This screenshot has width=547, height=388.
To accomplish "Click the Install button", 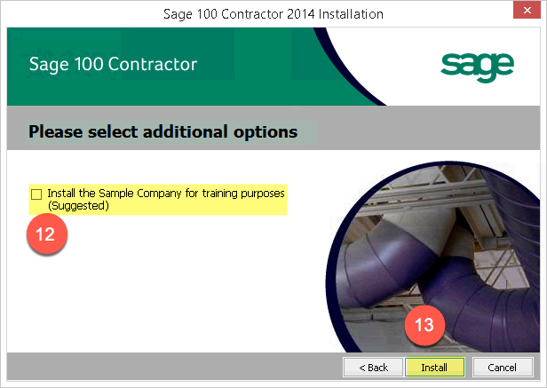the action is [x=435, y=367].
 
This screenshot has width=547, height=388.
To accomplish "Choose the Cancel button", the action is [x=503, y=367].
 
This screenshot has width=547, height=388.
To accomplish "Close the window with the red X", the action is [x=527, y=10].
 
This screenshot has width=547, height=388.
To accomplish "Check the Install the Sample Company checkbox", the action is [x=36, y=194].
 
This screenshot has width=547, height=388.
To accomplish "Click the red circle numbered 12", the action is [x=47, y=234].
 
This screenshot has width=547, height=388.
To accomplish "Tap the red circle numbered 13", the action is [x=424, y=325].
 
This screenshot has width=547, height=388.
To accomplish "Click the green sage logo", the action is [x=477, y=67].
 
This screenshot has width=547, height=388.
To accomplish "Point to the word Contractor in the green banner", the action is [x=153, y=64].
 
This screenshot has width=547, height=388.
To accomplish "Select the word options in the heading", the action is [x=266, y=133].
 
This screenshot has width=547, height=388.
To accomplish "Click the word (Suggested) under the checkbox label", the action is [x=78, y=206].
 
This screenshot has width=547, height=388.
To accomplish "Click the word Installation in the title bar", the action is [x=351, y=14].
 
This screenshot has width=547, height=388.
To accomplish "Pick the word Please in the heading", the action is [x=56, y=131].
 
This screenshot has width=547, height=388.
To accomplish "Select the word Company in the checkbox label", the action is [x=159, y=194].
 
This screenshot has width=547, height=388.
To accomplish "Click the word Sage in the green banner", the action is [x=49, y=65].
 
